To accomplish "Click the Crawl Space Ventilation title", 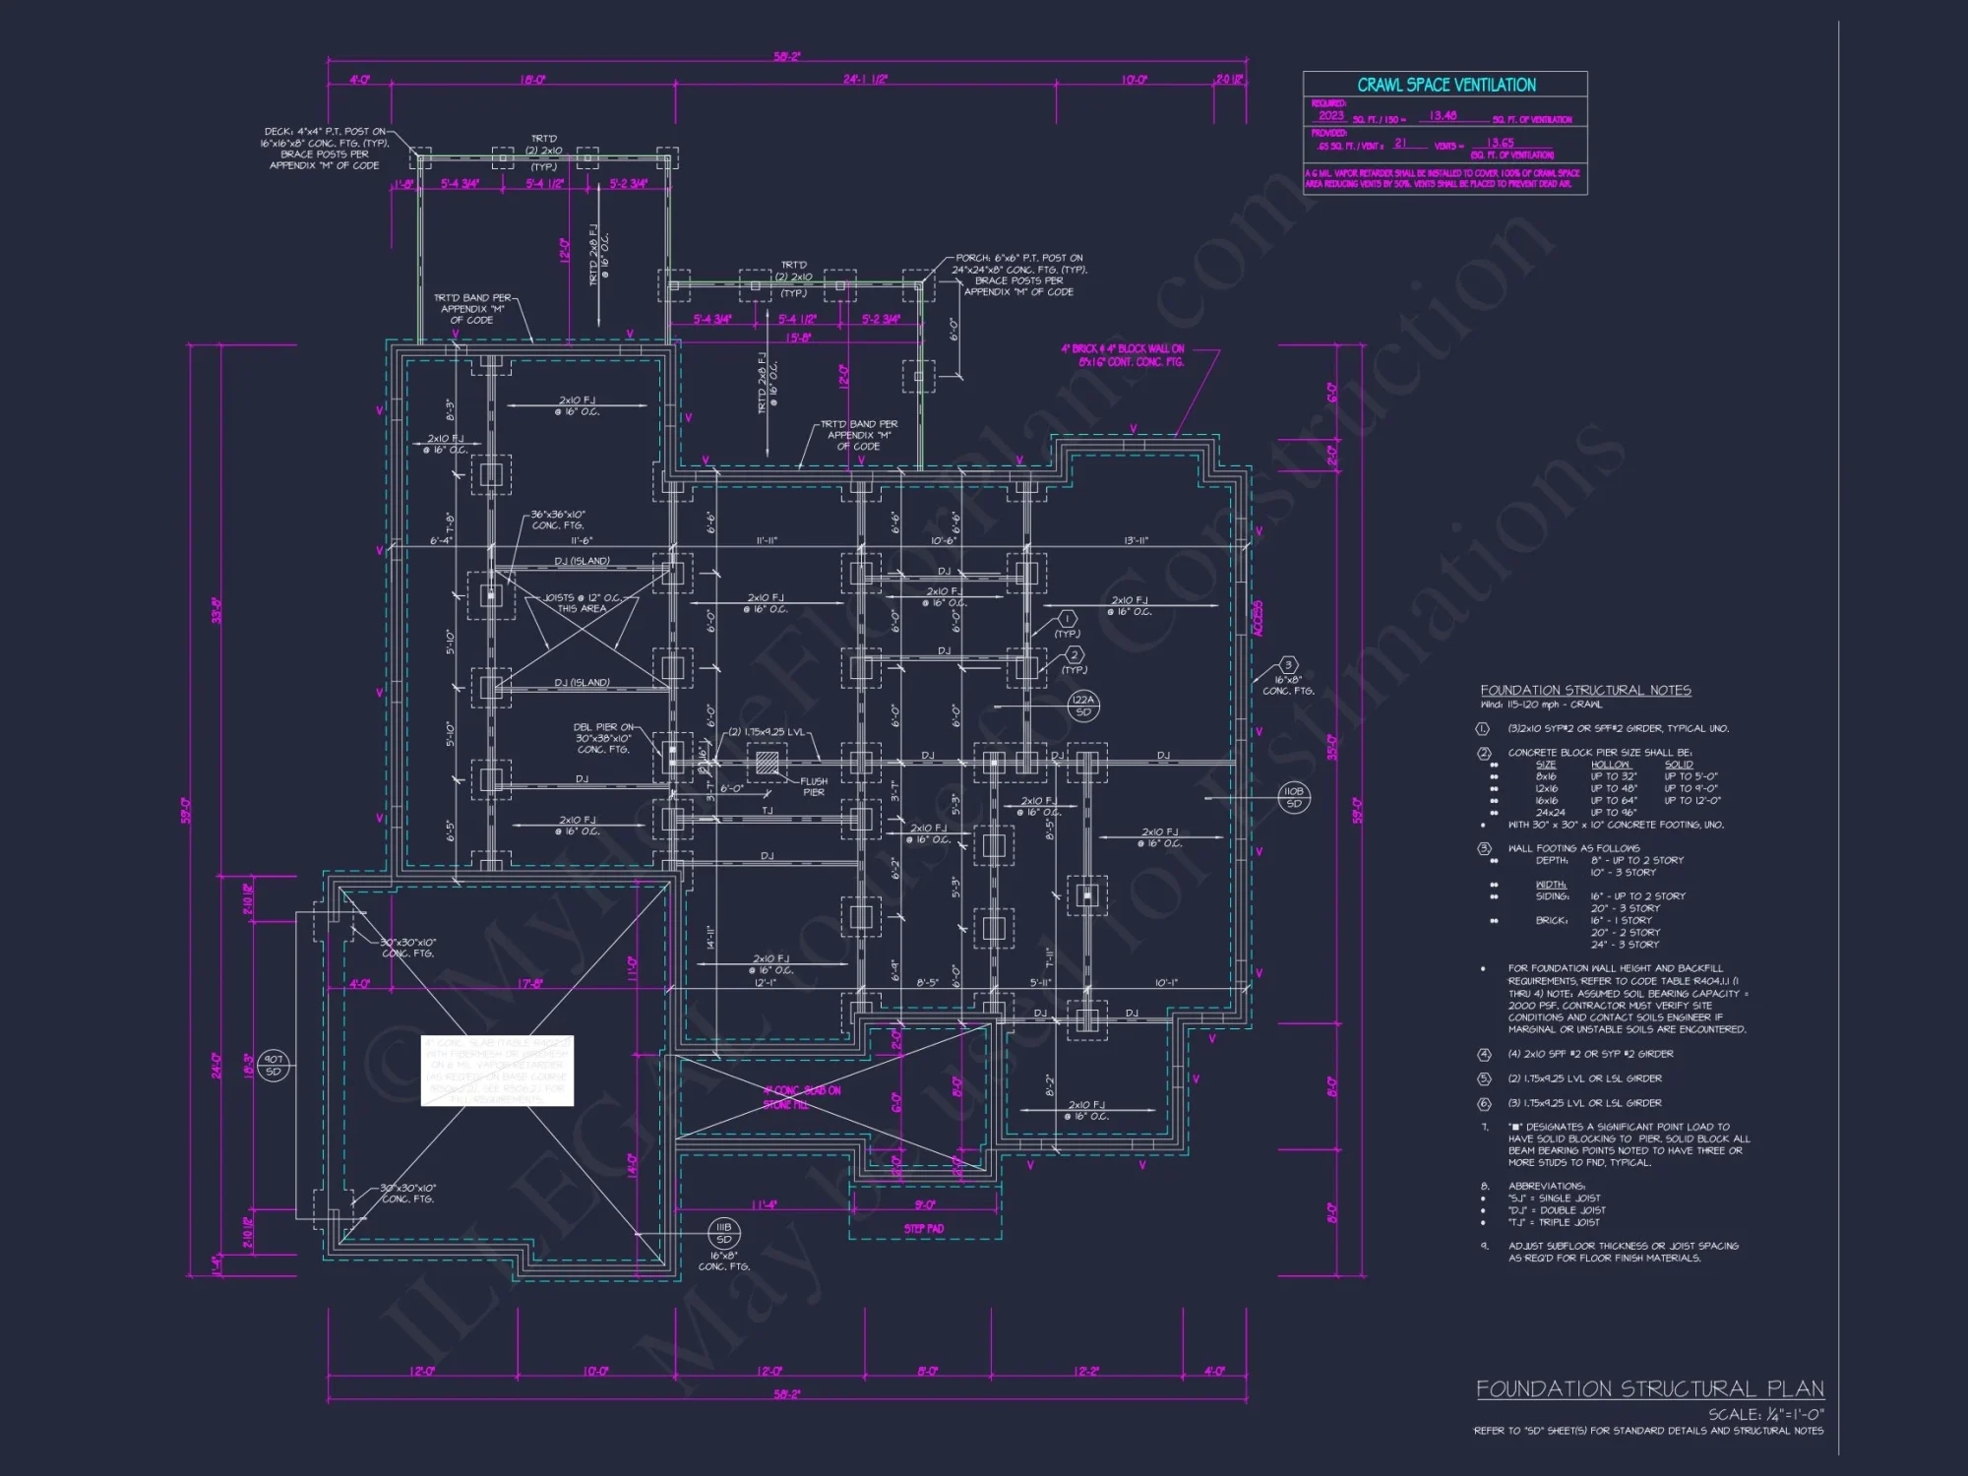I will click(1445, 85).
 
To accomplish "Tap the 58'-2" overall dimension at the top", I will click(786, 57).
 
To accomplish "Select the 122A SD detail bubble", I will click(1083, 706).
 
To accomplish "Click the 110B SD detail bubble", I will click(1293, 797).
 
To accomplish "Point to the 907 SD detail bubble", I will click(274, 1066).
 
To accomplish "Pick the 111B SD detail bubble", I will click(723, 1233).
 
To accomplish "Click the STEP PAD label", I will click(923, 1228).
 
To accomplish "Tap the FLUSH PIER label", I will click(814, 786).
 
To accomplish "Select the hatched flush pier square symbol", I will click(767, 762).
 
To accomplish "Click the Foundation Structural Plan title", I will click(1649, 1388).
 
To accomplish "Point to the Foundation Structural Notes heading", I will click(1585, 690).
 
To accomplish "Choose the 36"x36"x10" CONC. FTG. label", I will click(558, 520).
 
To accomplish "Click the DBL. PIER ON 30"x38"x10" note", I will click(603, 738).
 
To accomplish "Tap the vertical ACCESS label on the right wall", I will click(1258, 619).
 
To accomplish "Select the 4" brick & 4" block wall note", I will click(1123, 355).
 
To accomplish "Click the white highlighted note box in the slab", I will click(497, 1071).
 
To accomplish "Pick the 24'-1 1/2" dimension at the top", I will click(865, 79).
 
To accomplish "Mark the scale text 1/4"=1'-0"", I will click(1765, 1414).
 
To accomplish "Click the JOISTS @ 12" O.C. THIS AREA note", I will click(583, 603).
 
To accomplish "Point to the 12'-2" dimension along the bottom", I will click(1085, 1371).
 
